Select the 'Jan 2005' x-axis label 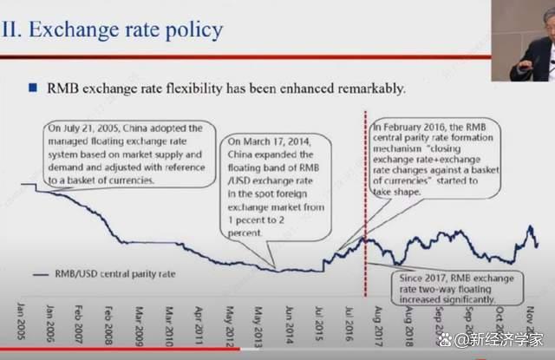pyautogui.click(x=19, y=320)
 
